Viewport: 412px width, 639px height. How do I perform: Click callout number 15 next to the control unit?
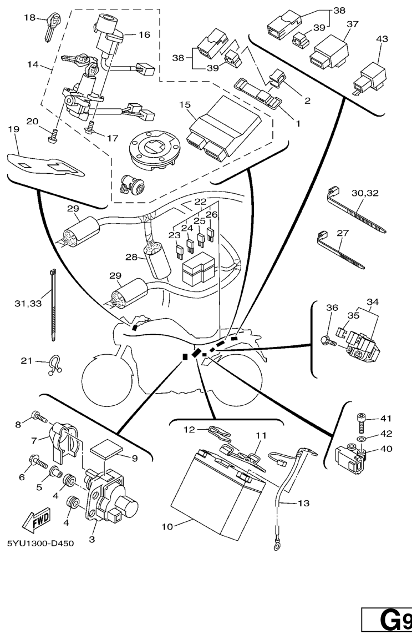click(x=185, y=105)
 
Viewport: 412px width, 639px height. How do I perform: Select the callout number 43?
click(x=382, y=39)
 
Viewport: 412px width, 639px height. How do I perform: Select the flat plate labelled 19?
click(x=47, y=164)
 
